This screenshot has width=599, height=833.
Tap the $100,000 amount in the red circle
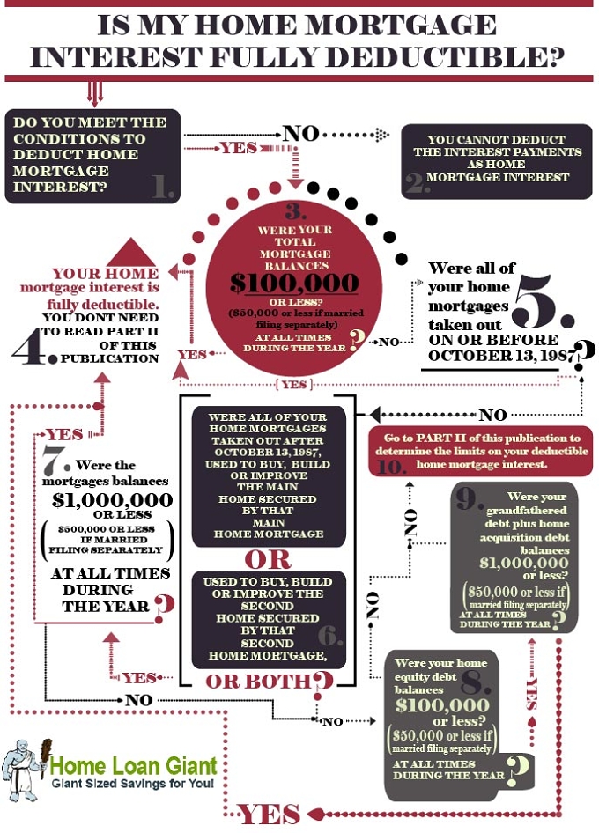pos(294,283)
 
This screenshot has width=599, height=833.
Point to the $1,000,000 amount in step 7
pos(112,500)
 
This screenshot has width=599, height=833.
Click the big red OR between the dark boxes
pos(268,559)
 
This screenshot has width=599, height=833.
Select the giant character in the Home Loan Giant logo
pos(22,768)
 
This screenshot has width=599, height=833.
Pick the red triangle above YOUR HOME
pos(130,254)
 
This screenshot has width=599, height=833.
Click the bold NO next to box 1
pos(301,133)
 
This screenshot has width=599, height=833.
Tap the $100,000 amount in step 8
pos(442,705)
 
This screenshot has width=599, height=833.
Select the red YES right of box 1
pos(240,147)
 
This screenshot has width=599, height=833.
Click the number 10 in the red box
pos(391,467)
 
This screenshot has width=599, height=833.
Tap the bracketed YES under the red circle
pos(294,384)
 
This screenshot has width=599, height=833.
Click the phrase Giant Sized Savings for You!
pos(133,784)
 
